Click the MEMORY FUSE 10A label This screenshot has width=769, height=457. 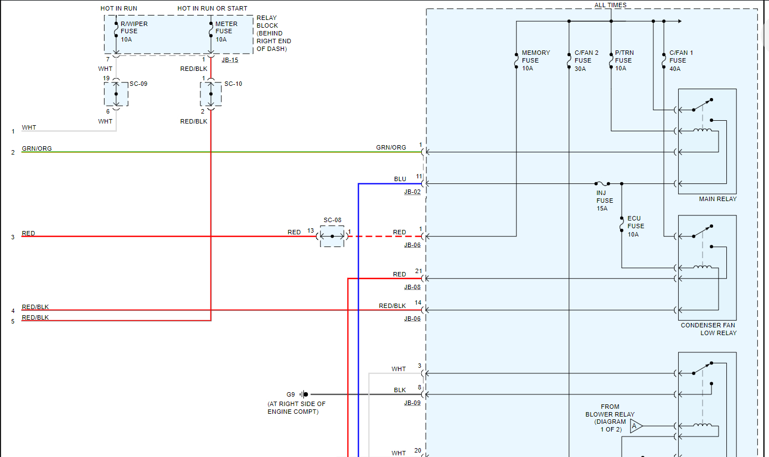pos(535,60)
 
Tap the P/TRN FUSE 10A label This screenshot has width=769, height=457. pos(623,60)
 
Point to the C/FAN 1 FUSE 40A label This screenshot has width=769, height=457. pos(680,60)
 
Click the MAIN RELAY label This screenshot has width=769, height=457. pos(718,199)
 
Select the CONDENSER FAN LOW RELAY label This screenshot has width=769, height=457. pos(709,329)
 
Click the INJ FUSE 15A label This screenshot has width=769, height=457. pos(604,201)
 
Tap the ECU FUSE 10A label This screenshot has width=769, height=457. pos(635,226)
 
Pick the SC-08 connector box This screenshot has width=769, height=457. pos(332,237)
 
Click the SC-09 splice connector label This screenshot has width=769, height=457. pos(138,84)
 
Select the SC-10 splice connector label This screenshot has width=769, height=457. pos(233,84)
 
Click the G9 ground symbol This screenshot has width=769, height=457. pos(304,394)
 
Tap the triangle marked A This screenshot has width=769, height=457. pos(636,426)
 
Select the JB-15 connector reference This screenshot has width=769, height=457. pos(230,60)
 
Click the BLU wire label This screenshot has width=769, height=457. pos(400,179)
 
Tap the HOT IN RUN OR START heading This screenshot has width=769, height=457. pos(212,8)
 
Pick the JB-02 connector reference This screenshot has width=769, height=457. pos(412,192)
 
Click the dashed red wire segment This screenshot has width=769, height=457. pos(382,237)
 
